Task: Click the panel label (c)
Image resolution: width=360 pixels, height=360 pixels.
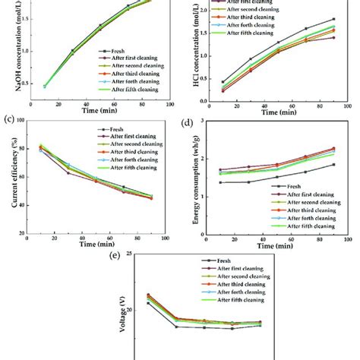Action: point(9,118)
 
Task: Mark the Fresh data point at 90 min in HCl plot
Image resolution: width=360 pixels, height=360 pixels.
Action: point(333,19)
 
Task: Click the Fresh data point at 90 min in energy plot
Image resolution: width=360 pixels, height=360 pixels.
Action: point(333,164)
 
